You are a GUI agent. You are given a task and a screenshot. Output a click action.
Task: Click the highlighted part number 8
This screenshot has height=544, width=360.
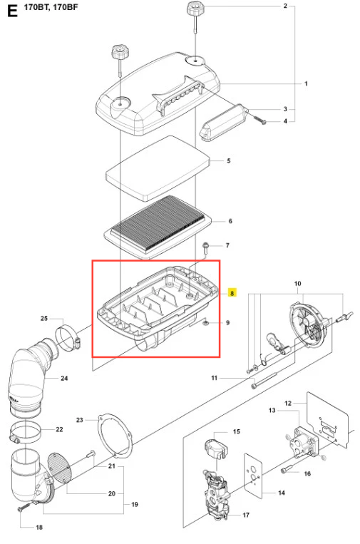[x=232, y=293]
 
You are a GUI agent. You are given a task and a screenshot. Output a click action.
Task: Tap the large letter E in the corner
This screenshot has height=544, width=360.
[x=12, y=11]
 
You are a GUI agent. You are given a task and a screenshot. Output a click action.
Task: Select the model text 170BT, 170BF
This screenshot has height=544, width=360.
[x=51, y=7]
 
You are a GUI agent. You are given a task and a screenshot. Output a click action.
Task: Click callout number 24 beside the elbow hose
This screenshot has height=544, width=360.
[x=64, y=378]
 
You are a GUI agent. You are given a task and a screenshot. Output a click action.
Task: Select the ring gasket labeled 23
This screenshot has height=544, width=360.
[x=115, y=436]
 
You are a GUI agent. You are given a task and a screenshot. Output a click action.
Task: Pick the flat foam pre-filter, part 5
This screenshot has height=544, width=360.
[x=158, y=168]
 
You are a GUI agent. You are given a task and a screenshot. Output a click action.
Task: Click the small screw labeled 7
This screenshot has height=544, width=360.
[x=205, y=247]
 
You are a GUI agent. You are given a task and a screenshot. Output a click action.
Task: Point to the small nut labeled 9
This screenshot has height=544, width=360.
[x=205, y=324]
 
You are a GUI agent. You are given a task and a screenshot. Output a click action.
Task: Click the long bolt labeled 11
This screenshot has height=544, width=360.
[x=264, y=381]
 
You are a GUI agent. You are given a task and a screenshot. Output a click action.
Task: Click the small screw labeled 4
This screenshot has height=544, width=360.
[x=260, y=120]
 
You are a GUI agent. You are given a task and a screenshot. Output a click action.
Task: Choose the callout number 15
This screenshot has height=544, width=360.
[x=237, y=431]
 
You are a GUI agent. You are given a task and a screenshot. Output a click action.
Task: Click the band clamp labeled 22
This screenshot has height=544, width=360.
[x=25, y=432]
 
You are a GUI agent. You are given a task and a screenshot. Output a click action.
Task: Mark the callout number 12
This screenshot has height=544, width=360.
[x=288, y=403]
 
